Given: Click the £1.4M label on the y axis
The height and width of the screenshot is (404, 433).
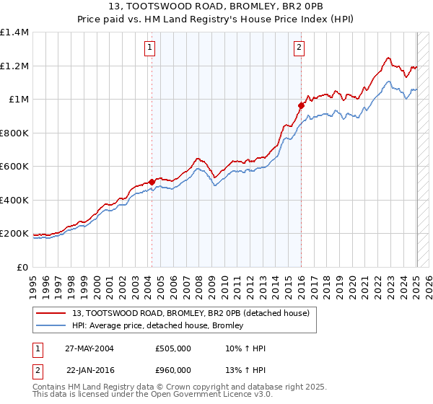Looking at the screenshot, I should [14, 32].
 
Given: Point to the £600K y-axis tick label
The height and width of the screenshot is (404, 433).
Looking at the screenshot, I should [14, 167].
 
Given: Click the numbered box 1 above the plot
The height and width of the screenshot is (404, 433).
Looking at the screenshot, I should [149, 48].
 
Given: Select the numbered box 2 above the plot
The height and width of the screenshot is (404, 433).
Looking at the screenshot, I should [299, 48].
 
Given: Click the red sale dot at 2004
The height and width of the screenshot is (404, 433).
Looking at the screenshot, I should [152, 182].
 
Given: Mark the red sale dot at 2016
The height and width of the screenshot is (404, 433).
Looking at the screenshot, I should [301, 105].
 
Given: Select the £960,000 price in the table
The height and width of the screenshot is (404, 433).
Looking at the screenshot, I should [173, 369].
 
